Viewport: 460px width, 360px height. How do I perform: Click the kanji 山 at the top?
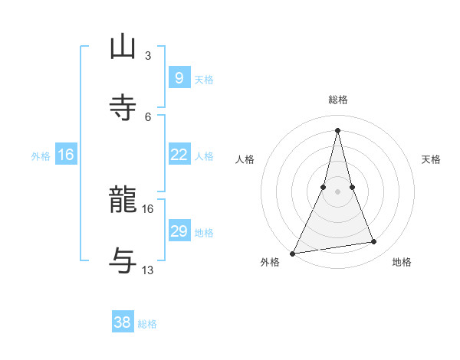click(x=123, y=47)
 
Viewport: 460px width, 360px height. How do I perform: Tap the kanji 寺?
click(x=123, y=108)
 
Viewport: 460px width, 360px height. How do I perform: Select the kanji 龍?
click(x=123, y=201)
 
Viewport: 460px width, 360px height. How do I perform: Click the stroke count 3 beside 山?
click(x=148, y=55)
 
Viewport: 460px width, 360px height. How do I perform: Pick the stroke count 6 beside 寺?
click(x=148, y=116)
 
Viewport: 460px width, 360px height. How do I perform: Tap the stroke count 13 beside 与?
click(x=148, y=270)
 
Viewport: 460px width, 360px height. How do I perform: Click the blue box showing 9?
click(x=179, y=77)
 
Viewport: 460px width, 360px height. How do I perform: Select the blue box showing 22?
click(x=179, y=155)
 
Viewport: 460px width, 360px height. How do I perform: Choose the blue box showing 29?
click(x=179, y=231)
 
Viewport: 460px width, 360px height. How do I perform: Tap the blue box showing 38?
click(x=123, y=322)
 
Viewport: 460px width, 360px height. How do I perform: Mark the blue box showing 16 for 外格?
click(x=66, y=155)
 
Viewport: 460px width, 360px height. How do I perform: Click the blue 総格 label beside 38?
click(x=147, y=324)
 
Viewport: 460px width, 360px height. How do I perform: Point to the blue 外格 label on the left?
click(x=41, y=155)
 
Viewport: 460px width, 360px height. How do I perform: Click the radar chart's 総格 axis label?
click(x=337, y=100)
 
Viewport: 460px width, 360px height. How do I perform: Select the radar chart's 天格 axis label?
click(x=432, y=159)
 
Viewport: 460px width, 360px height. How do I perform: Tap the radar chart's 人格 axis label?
click(x=245, y=159)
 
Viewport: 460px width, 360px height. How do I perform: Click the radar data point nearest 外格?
click(x=293, y=253)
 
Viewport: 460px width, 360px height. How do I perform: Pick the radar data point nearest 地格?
click(x=373, y=242)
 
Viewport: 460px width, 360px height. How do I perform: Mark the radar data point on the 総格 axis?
click(x=337, y=129)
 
